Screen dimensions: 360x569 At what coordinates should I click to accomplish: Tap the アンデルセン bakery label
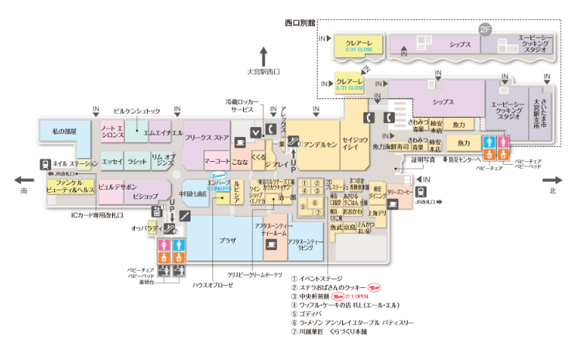coord(320,145)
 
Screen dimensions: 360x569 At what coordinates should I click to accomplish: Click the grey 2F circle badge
coord(485,29)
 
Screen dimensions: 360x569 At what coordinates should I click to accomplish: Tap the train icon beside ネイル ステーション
coord(45,163)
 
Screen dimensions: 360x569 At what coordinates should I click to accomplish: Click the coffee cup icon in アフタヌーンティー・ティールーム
coord(271,245)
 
